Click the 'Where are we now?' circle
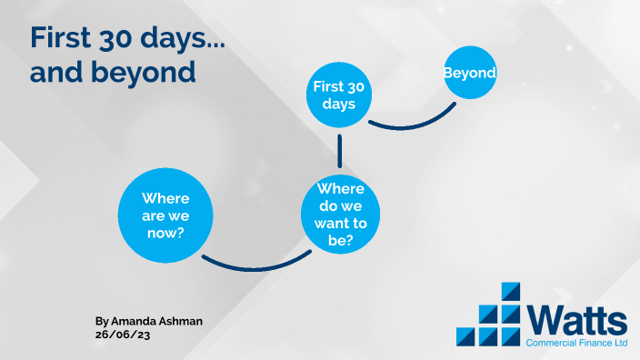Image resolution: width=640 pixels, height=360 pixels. pos(165,215)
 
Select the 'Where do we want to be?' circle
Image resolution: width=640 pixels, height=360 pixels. pos(340,215)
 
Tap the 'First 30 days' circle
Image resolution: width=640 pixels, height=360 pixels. pos(338,95)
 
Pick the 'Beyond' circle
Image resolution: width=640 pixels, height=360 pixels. pos(470,73)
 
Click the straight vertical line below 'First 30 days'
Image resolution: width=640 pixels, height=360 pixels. pos(339,149)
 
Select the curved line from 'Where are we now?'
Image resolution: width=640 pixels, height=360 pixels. pos(255,267)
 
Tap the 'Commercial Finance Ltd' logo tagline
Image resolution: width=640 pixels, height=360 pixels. pos(576,344)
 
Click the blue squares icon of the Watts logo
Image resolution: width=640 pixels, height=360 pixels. pos(490,315)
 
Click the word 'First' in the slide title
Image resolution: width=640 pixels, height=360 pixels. pos(63,37)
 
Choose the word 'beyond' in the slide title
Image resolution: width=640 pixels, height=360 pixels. pos(142,73)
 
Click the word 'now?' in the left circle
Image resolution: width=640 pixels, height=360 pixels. pos(165,234)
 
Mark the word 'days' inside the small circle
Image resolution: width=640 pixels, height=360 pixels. pos(338,104)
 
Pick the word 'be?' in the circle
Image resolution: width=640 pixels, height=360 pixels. pos(340,241)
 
